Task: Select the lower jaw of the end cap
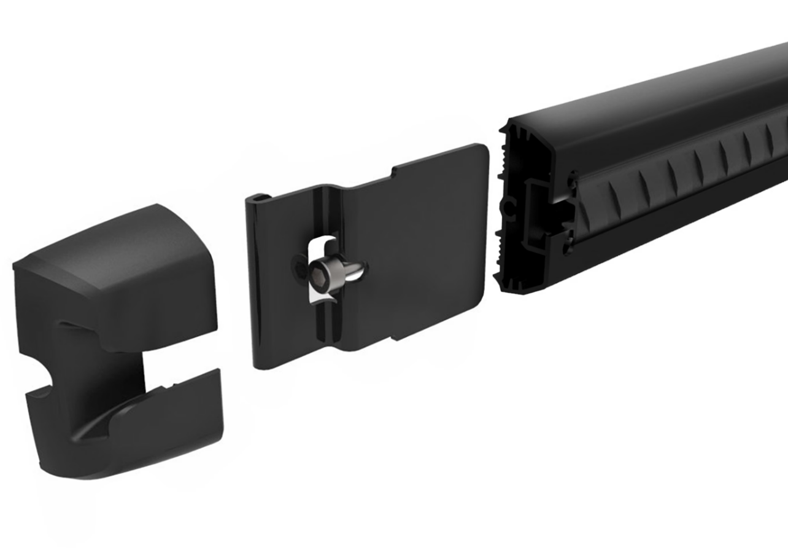point(147,424)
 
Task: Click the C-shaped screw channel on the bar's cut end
point(510,209)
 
